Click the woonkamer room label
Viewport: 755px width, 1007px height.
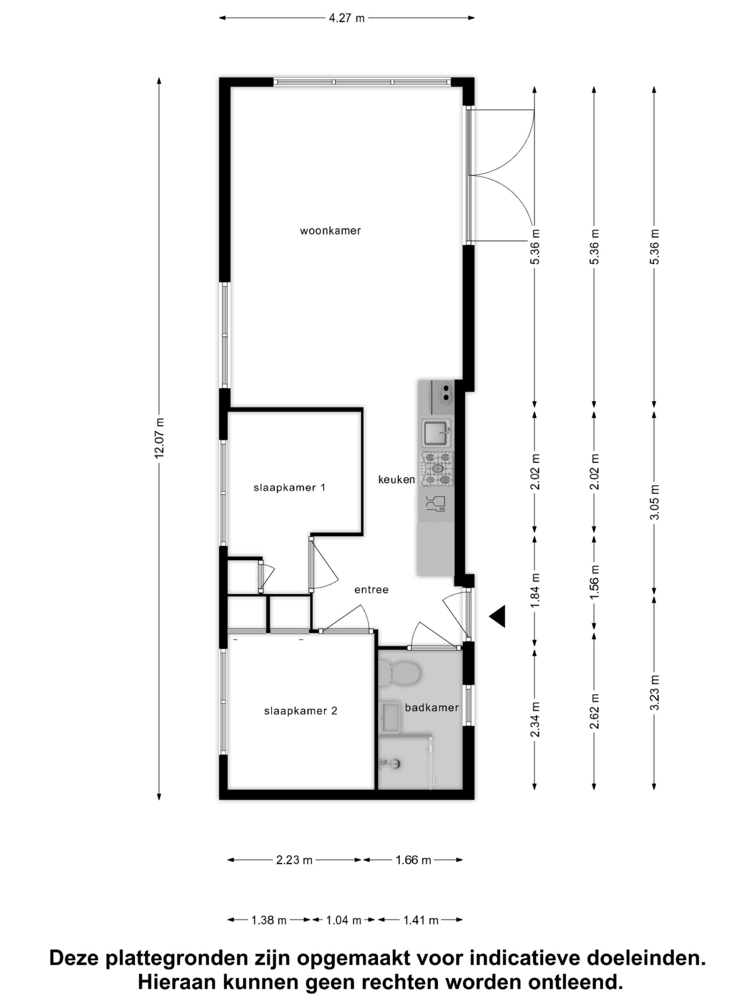click(330, 231)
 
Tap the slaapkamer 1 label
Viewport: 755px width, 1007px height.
click(290, 488)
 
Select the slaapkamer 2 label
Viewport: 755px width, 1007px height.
click(301, 711)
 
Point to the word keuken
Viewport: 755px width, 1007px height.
click(396, 480)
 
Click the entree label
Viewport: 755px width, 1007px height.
click(371, 590)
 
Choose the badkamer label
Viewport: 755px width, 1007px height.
click(431, 708)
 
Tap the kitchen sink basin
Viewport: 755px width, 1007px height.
click(436, 433)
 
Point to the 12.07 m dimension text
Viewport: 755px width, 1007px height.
click(160, 438)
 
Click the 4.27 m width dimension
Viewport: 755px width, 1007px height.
click(347, 18)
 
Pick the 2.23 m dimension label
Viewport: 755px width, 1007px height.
click(294, 860)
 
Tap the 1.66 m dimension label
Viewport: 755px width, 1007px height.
click(413, 860)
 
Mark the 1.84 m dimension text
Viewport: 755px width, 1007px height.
click(535, 590)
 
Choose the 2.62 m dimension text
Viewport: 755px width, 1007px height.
click(594, 711)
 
